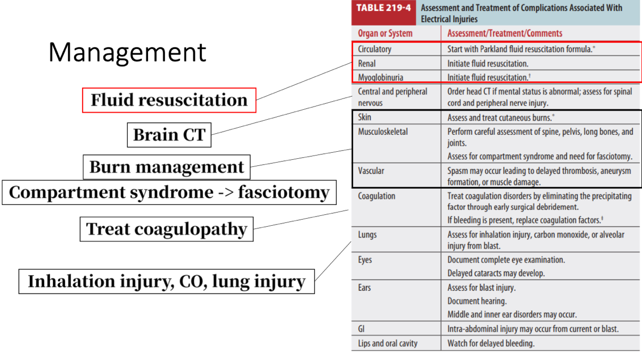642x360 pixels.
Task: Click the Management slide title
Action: pyautogui.click(x=127, y=52)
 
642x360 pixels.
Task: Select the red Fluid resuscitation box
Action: pyautogui.click(x=169, y=100)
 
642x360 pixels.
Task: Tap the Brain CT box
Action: pyautogui.click(x=169, y=135)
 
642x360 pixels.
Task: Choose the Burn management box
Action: pyautogui.click(x=166, y=167)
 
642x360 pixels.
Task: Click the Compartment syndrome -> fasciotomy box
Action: pyautogui.click(x=169, y=193)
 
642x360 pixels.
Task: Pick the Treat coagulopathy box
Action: pyautogui.click(x=166, y=229)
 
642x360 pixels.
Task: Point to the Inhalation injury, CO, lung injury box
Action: pyautogui.click(x=166, y=282)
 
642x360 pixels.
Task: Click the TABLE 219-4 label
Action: pyautogui.click(x=384, y=8)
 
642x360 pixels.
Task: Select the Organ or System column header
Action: pyautogui.click(x=385, y=34)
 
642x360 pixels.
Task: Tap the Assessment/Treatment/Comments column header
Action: pyautogui.click(x=504, y=34)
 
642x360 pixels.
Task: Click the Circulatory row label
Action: pyautogui.click(x=375, y=49)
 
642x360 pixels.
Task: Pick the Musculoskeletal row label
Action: pyautogui.click(x=383, y=132)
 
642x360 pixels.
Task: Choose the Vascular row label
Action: pyautogui.click(x=371, y=171)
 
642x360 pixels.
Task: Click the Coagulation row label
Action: pyautogui.click(x=376, y=196)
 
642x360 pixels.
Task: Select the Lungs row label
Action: pyautogui.click(x=367, y=235)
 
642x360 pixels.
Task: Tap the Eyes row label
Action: pyautogui.click(x=365, y=260)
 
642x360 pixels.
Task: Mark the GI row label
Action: pyautogui.click(x=361, y=329)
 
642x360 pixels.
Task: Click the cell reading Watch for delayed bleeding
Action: pyautogui.click(x=491, y=344)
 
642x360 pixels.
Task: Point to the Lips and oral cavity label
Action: pyautogui.click(x=388, y=344)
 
